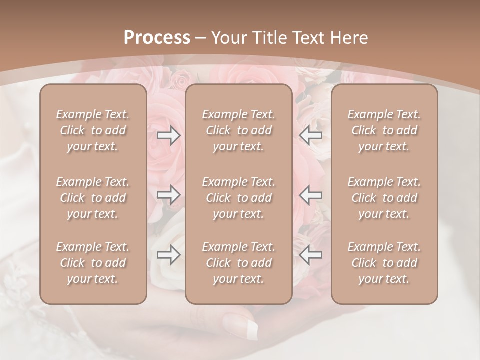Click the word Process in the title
click(157, 38)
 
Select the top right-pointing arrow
click(169, 136)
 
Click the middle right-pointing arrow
click(169, 195)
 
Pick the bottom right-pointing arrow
click(169, 255)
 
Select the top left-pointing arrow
click(311, 136)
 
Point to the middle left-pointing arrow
click(311, 195)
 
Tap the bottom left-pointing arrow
click(311, 255)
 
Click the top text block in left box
click(93, 130)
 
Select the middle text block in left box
click(93, 198)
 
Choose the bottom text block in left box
click(93, 263)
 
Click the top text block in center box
click(239, 130)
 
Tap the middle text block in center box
click(239, 198)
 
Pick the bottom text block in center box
click(239, 263)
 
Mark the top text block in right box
click(384, 130)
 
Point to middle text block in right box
click(384, 198)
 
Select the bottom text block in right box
click(384, 263)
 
